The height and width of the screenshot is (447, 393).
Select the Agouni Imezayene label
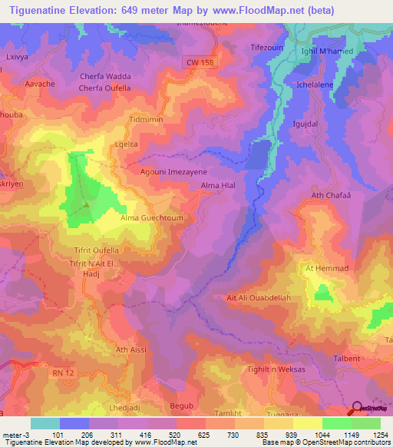(x=173, y=173)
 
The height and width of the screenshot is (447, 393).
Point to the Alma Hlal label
(x=217, y=186)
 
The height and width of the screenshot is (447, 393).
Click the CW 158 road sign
(x=200, y=61)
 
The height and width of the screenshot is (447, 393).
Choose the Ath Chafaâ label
(x=332, y=196)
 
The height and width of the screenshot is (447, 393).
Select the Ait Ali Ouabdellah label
(x=259, y=299)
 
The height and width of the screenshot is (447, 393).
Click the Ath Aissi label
(x=130, y=350)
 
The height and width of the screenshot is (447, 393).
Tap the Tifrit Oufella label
(x=95, y=250)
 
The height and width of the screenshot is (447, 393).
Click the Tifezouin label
(x=268, y=47)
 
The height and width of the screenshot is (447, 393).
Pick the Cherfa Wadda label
(x=105, y=76)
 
